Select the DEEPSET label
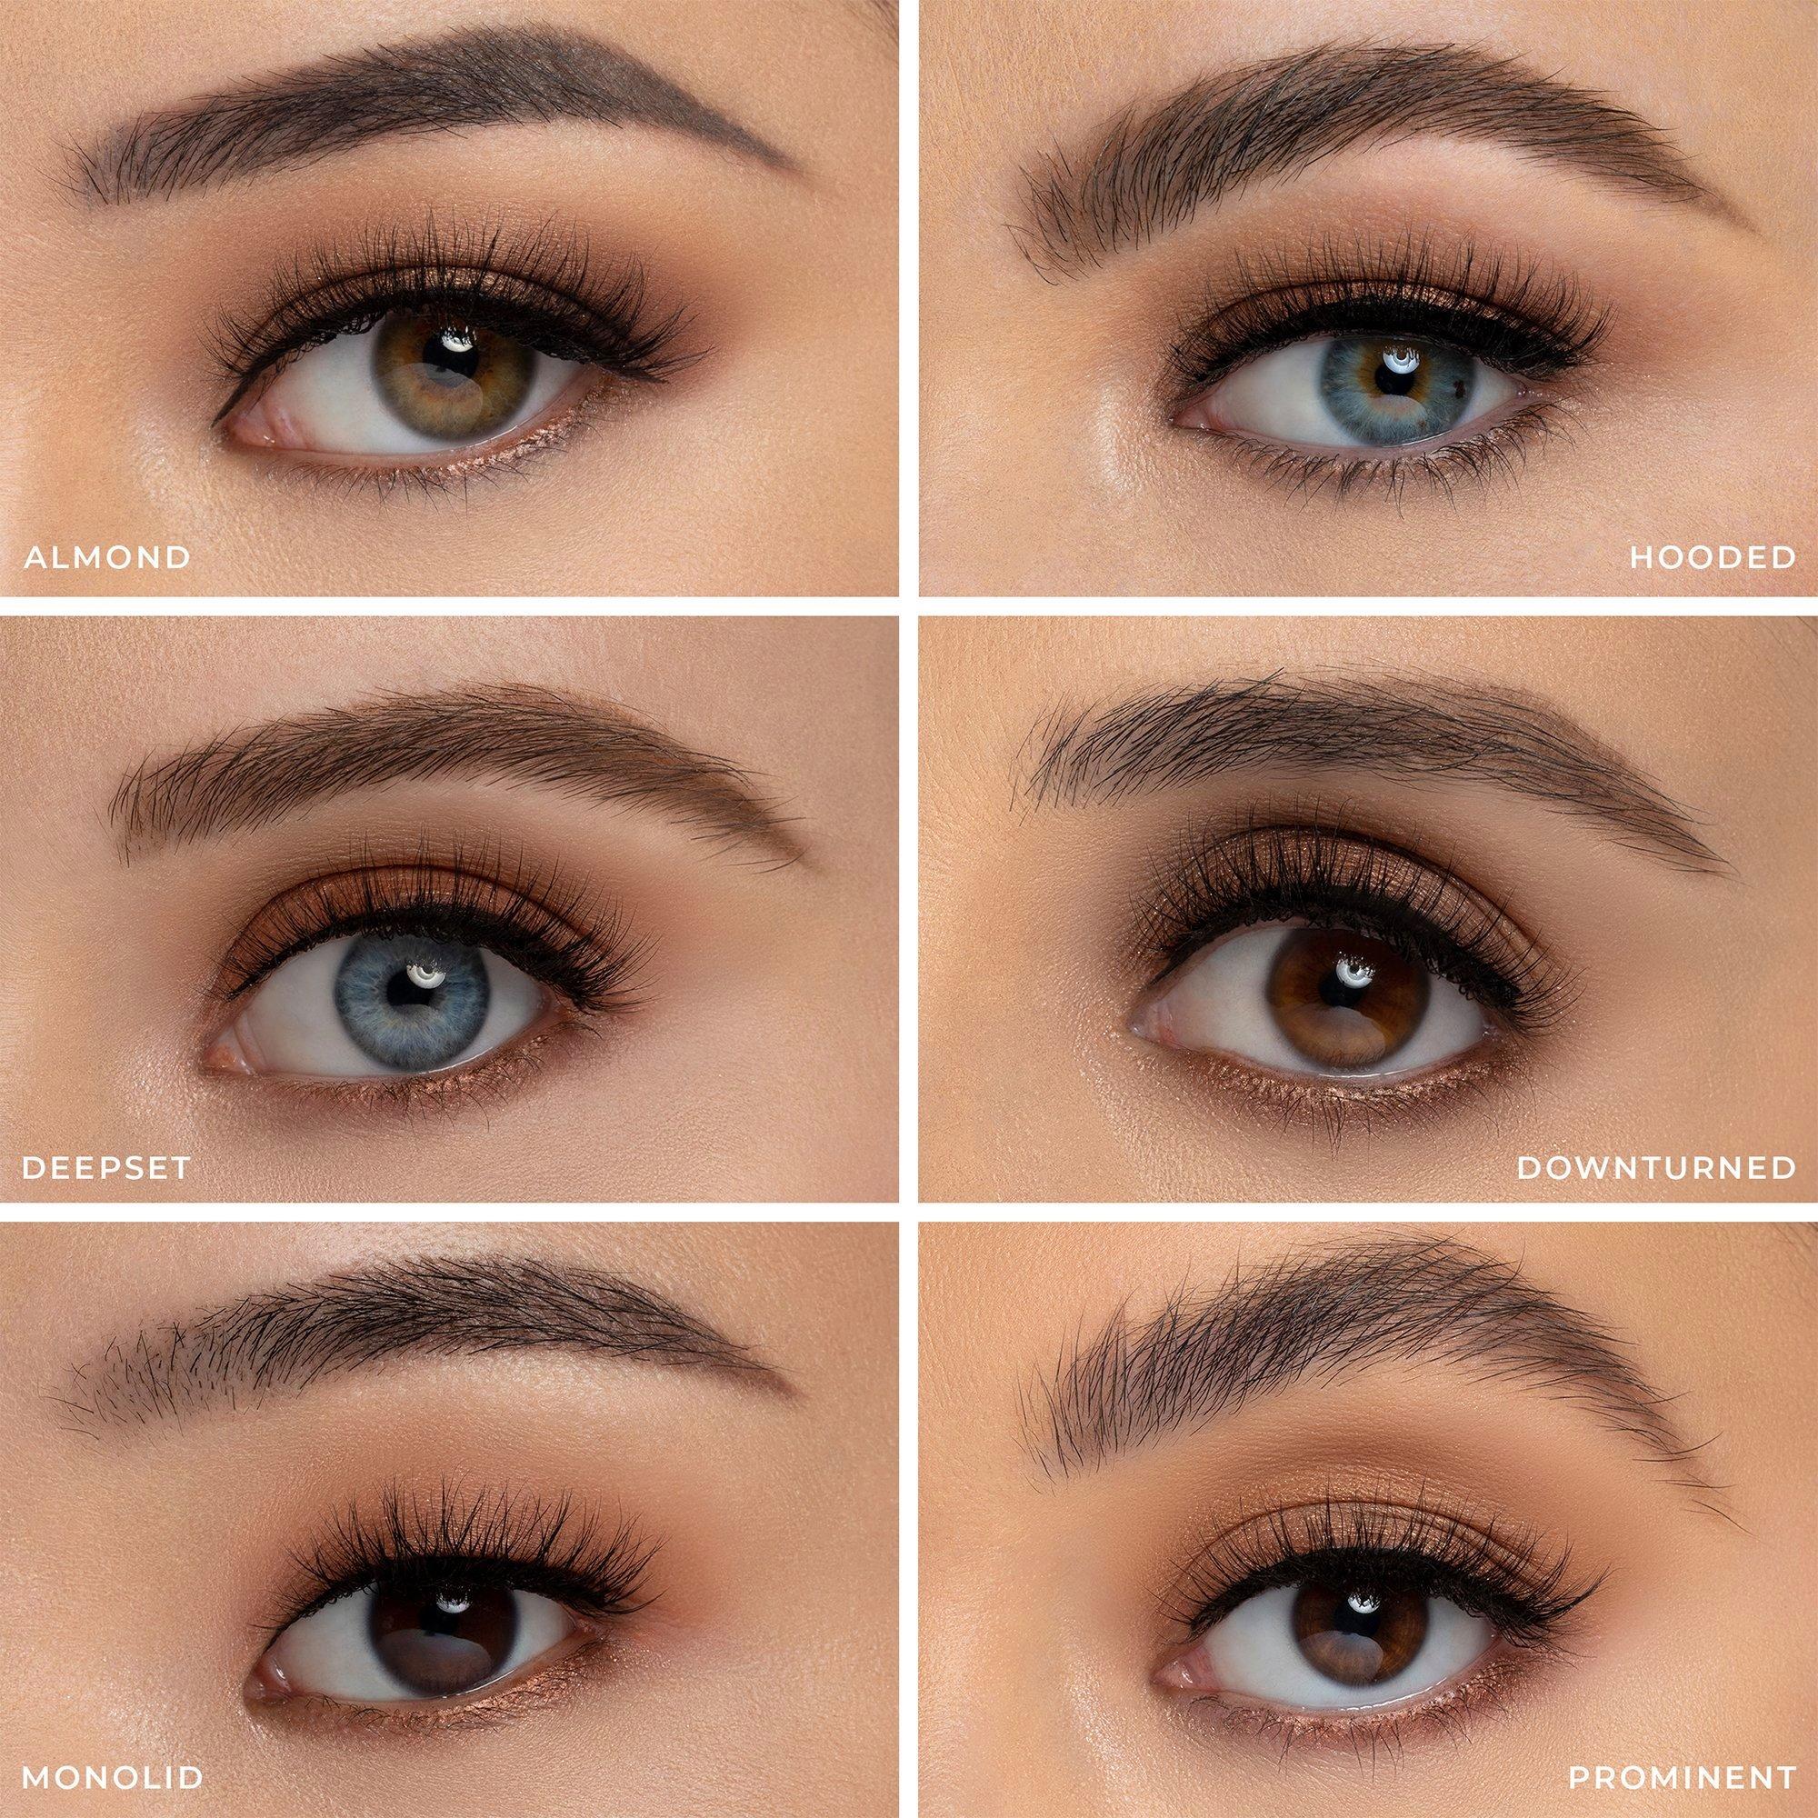[x=105, y=1168]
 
